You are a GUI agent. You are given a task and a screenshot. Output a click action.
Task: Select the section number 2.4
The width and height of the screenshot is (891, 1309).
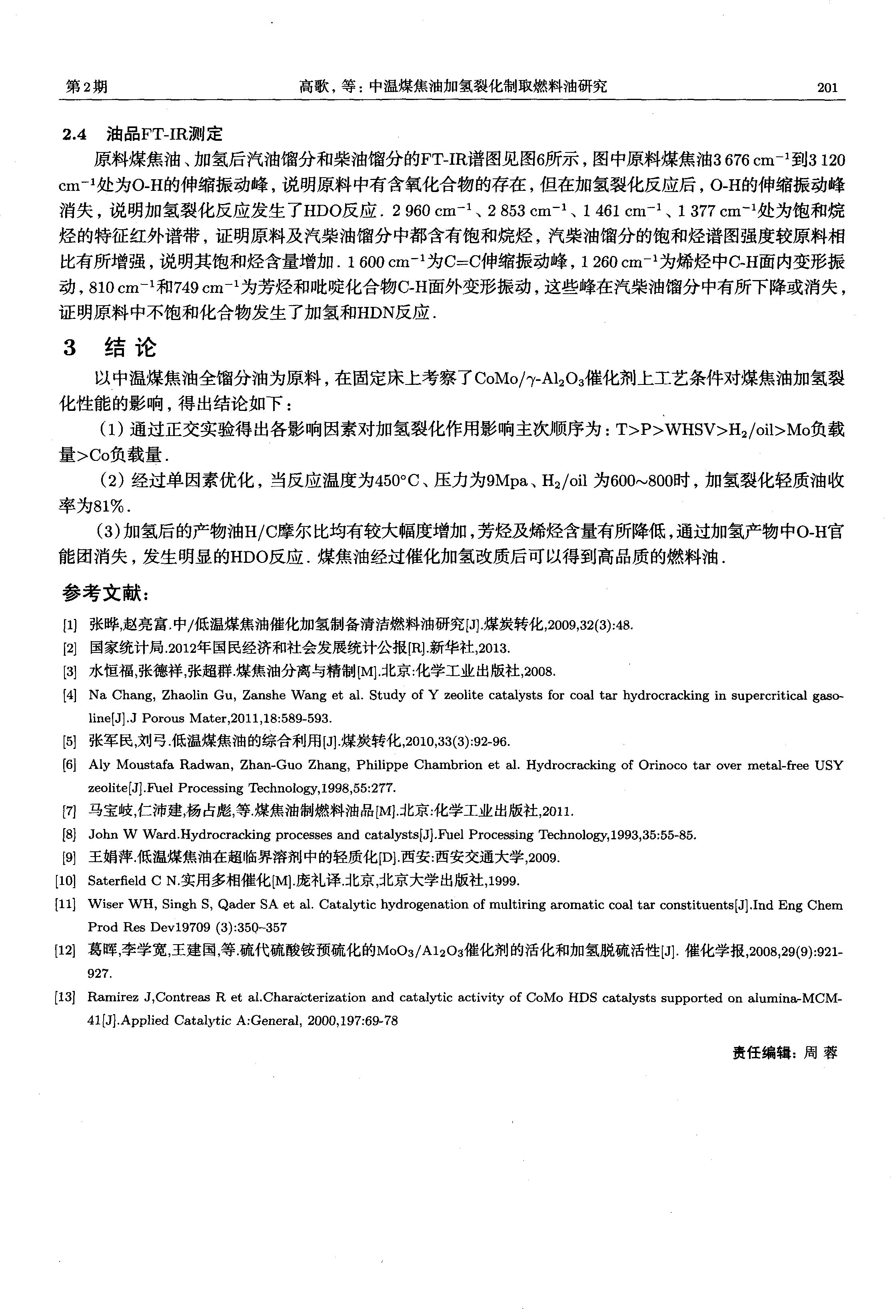click(75, 134)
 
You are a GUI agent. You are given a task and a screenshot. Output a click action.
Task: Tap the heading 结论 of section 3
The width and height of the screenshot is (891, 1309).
click(131, 348)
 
